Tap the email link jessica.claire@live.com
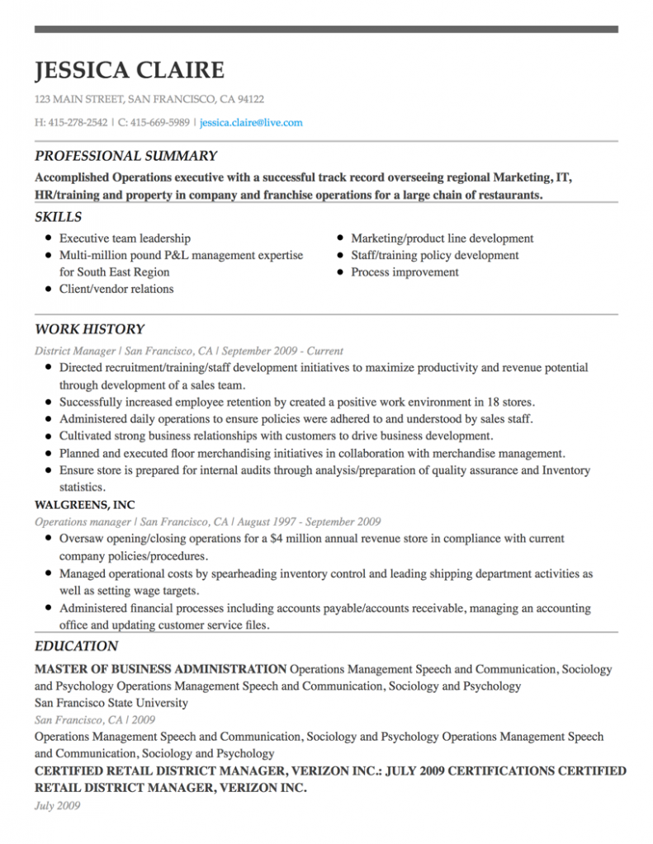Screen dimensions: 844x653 coord(251,123)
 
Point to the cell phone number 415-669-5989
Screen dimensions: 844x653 coord(159,123)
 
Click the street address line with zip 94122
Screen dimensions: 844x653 coord(149,100)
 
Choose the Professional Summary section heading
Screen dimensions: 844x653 coord(125,156)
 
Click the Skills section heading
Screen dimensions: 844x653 coord(58,217)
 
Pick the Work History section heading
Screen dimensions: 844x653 coord(89,329)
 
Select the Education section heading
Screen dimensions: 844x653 coord(76,647)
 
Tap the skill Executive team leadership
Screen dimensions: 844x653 coord(125,238)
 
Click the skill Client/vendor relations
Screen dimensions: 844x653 coord(116,289)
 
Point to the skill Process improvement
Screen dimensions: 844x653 coord(405,272)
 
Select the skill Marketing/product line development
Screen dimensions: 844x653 coord(442,238)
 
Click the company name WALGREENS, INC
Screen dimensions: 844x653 coord(85,505)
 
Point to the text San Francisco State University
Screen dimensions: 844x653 coord(111,703)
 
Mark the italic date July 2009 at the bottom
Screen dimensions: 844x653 coord(57,805)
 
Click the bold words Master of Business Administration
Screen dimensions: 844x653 coord(160,669)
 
